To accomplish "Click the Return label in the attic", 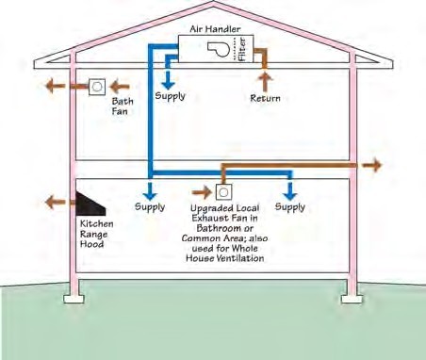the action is pyautogui.click(x=267, y=97).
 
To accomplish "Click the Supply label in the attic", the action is pyautogui.click(x=171, y=96).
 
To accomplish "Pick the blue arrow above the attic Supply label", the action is pyautogui.click(x=171, y=75).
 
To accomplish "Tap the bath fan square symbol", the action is pyautogui.click(x=97, y=85).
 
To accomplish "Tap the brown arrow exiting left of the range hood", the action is pyautogui.click(x=57, y=200).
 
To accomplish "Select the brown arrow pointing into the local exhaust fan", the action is pyautogui.click(x=201, y=191).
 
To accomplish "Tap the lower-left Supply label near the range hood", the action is pyautogui.click(x=150, y=206).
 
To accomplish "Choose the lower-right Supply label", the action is pyautogui.click(x=289, y=206).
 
